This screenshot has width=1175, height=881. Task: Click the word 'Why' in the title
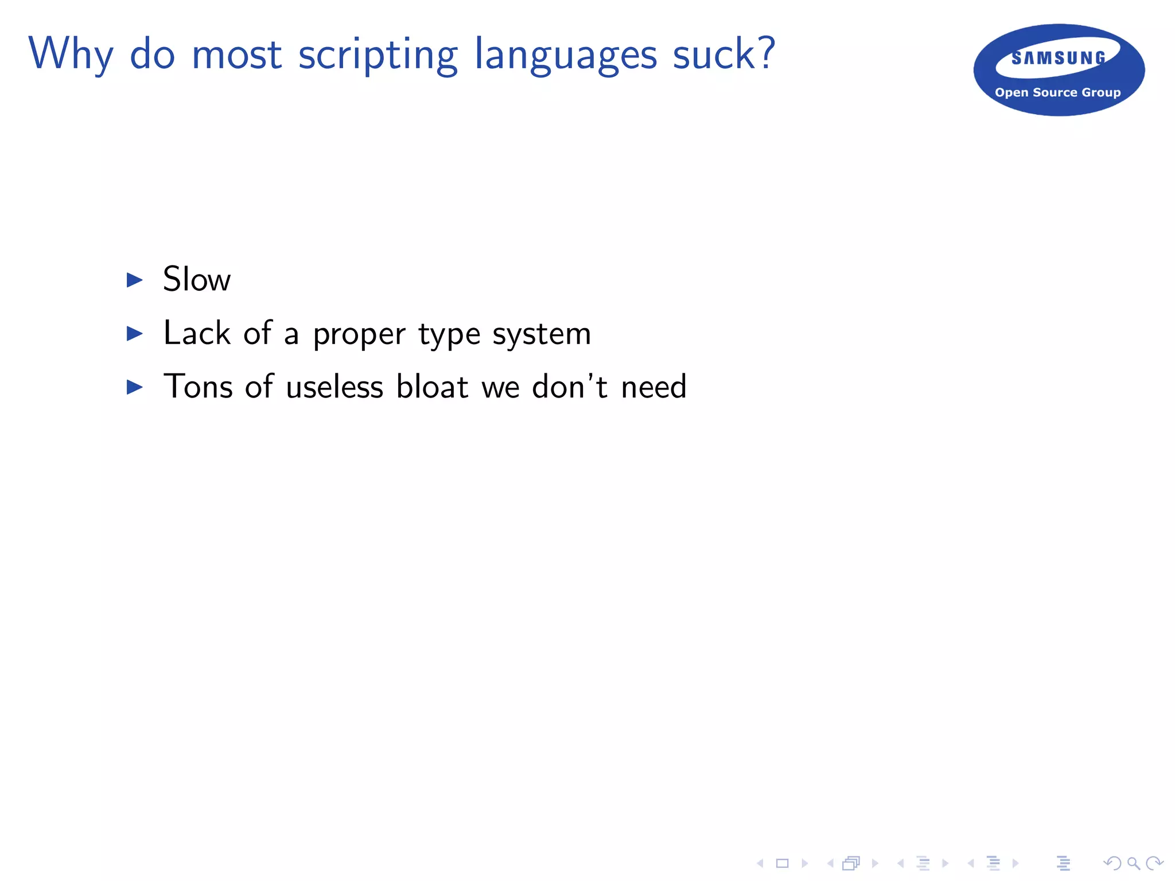pos(71,54)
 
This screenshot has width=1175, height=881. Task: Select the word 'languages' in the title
pos(566,56)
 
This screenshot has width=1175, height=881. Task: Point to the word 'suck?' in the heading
pos(724,54)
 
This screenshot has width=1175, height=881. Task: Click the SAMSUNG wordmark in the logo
pos(1059,58)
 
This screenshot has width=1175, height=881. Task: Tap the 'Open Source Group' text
pos(1057,92)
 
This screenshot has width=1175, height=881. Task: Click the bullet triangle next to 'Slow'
pos(135,280)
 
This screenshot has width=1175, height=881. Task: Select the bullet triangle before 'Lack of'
pos(135,333)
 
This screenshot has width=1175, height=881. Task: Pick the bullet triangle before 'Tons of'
pos(135,387)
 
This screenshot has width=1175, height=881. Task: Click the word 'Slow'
pos(197,279)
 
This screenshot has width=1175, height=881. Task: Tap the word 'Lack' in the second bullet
pos(197,333)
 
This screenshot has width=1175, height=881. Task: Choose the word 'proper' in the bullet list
pos(359,334)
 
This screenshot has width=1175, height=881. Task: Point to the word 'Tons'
pos(198,386)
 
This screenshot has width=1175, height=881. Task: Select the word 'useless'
pos(334,387)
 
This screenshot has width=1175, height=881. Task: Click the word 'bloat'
pos(433,386)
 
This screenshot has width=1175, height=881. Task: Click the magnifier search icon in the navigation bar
pos(1133,863)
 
